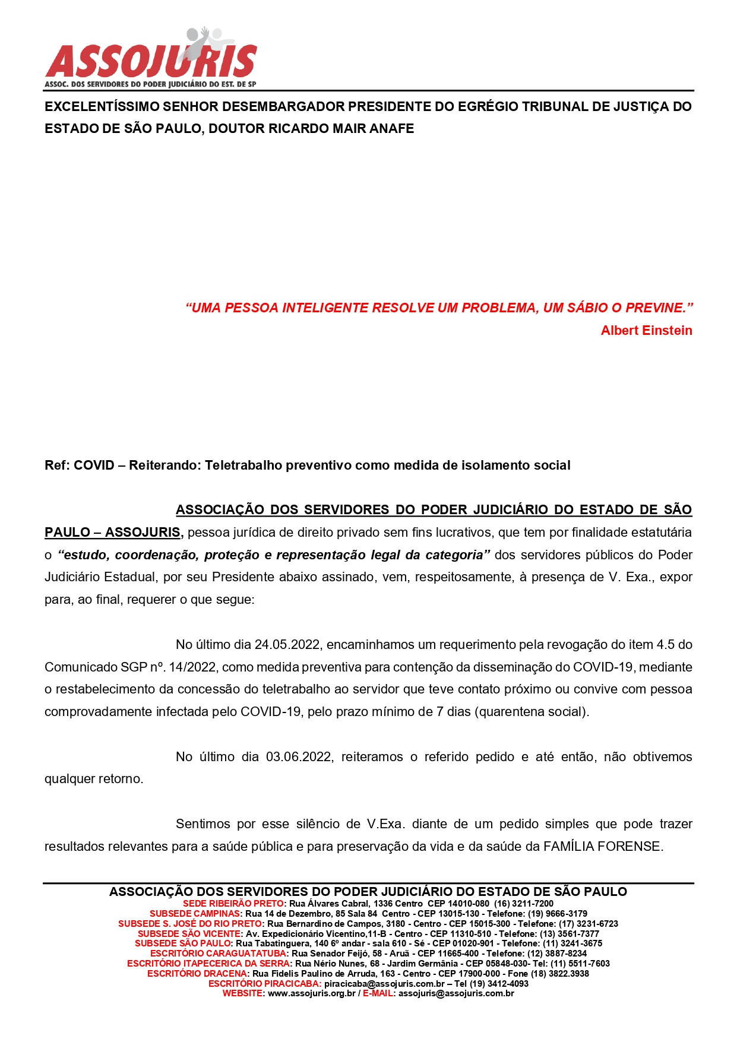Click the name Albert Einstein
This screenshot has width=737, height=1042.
tap(646, 331)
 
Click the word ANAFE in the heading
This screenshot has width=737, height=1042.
tap(391, 129)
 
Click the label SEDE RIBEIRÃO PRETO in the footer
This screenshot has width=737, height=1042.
tap(233, 904)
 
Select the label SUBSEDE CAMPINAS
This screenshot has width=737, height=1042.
tap(195, 914)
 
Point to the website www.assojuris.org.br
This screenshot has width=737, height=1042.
tap(311, 993)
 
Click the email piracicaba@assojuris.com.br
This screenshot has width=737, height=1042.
tap(384, 984)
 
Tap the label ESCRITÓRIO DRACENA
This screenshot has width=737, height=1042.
tap(197, 974)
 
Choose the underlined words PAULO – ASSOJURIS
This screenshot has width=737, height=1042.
tap(113, 533)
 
